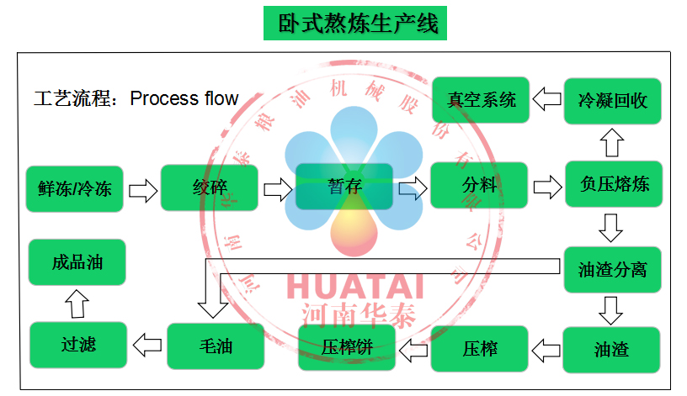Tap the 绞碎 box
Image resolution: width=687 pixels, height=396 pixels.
pyautogui.click(x=209, y=187)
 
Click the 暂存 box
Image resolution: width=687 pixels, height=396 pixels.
pyautogui.click(x=343, y=187)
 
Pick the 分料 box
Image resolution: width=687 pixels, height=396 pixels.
pyautogui.click(x=479, y=186)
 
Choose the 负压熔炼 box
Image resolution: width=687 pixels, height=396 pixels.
pyautogui.click(x=614, y=184)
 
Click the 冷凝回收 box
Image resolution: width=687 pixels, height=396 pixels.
pyautogui.click(x=612, y=101)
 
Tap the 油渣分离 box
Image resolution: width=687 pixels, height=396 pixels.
pyautogui.click(x=612, y=270)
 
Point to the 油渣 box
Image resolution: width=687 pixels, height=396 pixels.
pyautogui.click(x=611, y=349)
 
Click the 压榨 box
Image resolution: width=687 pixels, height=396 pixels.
pyautogui.click(x=479, y=348)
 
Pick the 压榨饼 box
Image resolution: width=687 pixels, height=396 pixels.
pyautogui.click(x=347, y=347)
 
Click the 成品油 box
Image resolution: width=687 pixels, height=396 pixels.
pyautogui.click(x=77, y=261)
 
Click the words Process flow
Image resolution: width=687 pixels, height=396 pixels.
pyautogui.click(x=184, y=98)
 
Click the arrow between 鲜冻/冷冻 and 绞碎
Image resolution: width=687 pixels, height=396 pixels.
pyautogui.click(x=142, y=188)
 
